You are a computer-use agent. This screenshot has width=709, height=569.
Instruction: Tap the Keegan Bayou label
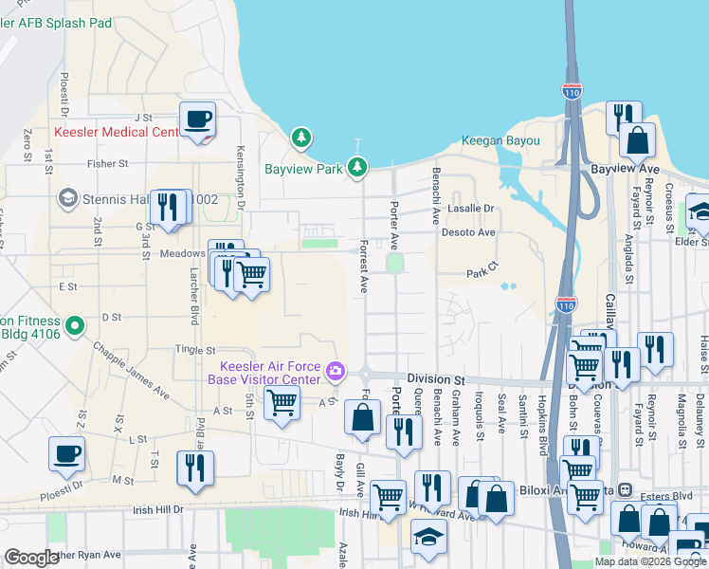500,141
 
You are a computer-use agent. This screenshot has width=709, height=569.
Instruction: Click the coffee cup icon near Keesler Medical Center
197,119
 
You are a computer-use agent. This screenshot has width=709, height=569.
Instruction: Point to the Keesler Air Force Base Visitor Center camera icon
334,371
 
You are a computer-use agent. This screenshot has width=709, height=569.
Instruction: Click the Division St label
438,376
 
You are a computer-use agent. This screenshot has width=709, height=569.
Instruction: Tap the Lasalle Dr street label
471,209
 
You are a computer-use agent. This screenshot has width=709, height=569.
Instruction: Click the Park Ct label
482,273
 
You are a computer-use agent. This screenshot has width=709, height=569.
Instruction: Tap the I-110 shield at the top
571,92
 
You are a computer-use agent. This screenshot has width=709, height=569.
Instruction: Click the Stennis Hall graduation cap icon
67,198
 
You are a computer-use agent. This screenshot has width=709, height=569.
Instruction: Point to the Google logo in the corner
31,558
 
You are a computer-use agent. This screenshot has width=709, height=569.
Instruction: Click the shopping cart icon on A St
282,403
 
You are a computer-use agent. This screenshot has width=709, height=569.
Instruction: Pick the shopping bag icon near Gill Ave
362,416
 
